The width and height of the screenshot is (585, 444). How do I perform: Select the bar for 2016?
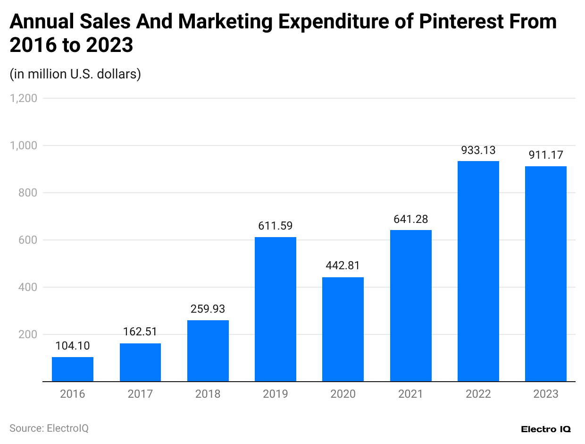[73, 369]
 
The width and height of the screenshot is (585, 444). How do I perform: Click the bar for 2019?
[276, 309]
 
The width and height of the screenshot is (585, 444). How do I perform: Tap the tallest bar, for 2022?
[478, 271]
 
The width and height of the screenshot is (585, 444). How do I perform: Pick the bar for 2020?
[343, 329]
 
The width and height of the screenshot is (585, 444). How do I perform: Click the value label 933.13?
[478, 150]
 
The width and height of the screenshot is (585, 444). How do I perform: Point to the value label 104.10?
[73, 346]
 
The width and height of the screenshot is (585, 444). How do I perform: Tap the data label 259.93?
[208, 309]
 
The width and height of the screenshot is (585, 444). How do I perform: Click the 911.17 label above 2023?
[546, 155]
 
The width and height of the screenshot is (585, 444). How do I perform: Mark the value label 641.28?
[411, 219]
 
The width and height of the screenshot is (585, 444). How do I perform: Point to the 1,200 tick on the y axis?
[24, 98]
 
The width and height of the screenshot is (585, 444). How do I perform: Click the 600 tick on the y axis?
[28, 240]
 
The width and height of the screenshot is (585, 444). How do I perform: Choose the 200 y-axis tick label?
[28, 334]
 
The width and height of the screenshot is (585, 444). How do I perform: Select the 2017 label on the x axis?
[140, 394]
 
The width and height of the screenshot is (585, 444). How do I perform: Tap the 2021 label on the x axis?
[411, 394]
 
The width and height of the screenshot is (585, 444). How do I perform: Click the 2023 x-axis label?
[546, 394]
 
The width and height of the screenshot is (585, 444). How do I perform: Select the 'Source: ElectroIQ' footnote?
[49, 428]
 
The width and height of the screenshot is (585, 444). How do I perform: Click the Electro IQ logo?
[546, 429]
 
